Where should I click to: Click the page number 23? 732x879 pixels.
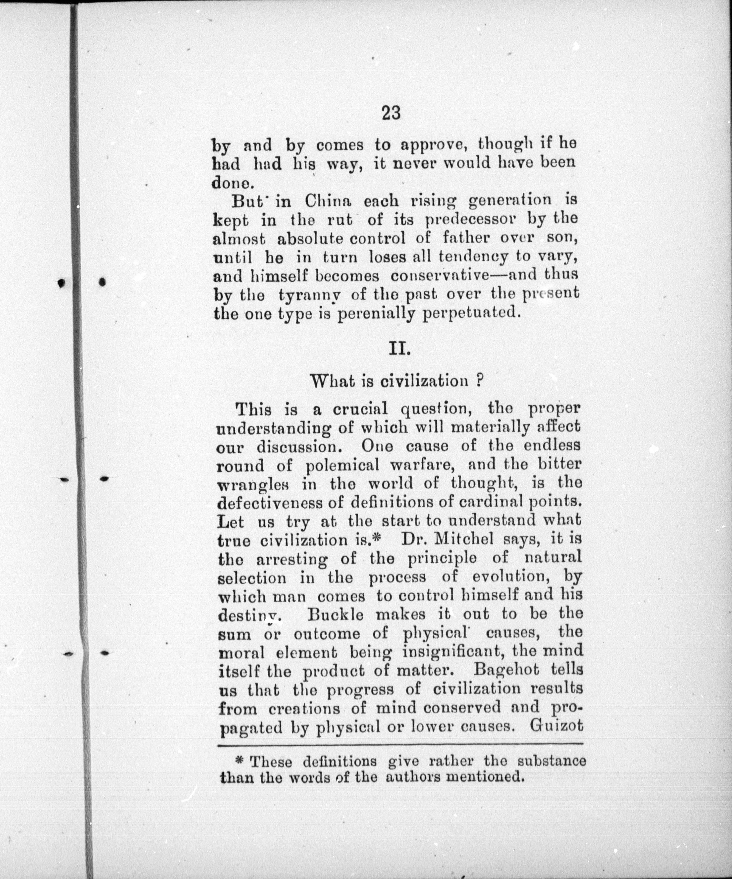click(x=391, y=113)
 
